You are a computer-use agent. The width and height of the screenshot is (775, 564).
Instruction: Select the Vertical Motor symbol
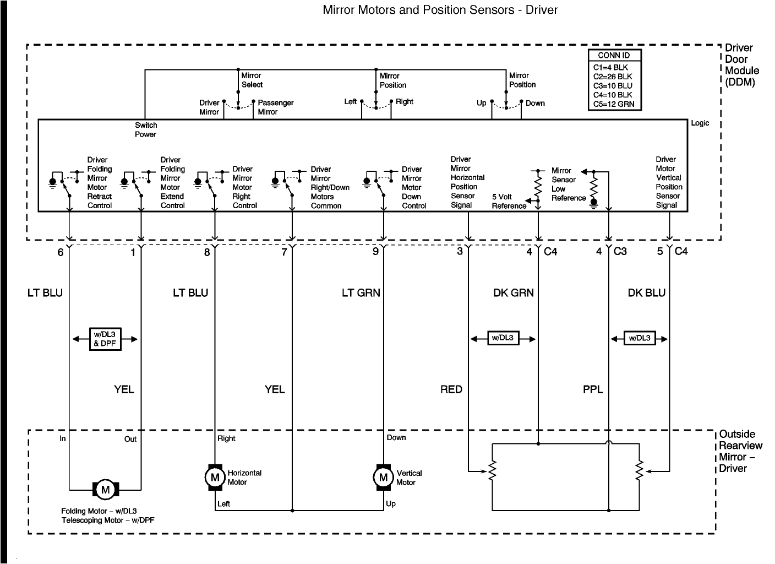coord(383,477)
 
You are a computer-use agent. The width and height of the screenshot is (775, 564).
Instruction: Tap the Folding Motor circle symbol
coord(105,489)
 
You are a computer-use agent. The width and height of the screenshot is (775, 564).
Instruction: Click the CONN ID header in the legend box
coord(614,55)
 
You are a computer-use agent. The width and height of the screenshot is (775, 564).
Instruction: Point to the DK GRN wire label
coord(513,293)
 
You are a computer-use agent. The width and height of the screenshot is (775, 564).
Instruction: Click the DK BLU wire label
coord(646,293)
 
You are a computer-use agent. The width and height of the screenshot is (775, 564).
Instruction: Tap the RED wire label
coord(451,389)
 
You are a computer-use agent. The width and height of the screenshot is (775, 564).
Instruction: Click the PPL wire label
coord(593,389)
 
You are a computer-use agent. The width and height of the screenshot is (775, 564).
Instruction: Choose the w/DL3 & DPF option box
coord(105,339)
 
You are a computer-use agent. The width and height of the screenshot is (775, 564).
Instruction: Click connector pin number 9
coord(375,252)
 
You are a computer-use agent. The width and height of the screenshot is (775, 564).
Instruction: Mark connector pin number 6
coord(60,252)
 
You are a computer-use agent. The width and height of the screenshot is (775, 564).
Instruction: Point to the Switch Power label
coord(146,130)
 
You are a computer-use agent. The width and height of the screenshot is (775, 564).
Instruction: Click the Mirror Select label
coord(252,80)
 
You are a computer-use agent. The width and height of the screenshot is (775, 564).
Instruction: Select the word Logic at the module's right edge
coord(700,123)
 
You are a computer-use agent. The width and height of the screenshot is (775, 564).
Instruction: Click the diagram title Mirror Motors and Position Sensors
coord(440,10)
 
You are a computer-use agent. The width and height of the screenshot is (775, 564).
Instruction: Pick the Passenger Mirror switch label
coord(275,107)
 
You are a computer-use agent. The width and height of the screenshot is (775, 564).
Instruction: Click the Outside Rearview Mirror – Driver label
coord(740,451)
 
